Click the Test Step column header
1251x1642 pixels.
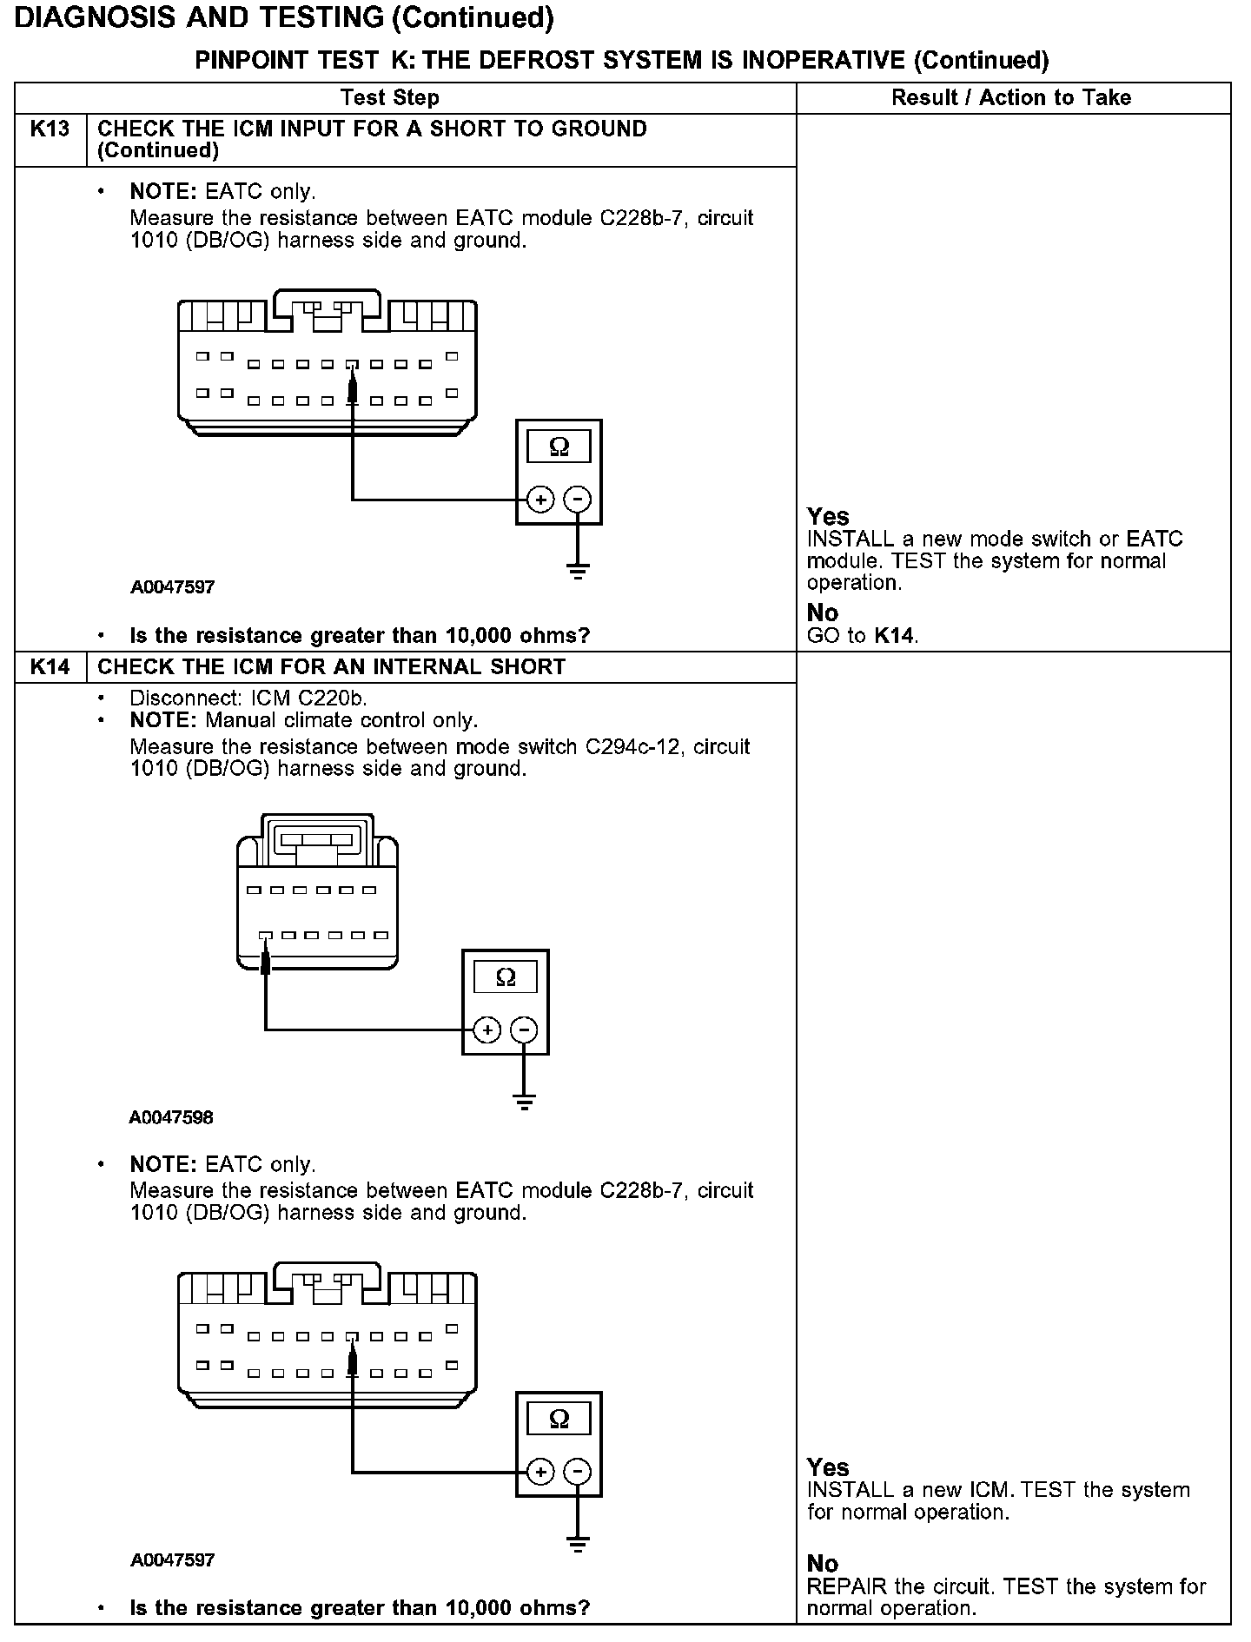coord(390,98)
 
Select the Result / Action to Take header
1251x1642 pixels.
coord(1011,98)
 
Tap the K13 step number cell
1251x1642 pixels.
coord(50,129)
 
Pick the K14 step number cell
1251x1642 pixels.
coord(50,667)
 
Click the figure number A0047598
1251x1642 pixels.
coord(171,1117)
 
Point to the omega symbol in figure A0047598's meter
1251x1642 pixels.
coord(505,978)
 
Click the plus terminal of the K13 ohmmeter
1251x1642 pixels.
coord(540,500)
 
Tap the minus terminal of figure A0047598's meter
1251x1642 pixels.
coord(524,1030)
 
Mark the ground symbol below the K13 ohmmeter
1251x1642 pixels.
coord(578,570)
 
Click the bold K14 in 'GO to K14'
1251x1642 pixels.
coord(894,636)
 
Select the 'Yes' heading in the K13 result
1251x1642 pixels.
coord(828,517)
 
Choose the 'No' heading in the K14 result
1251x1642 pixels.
coord(823,1564)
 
